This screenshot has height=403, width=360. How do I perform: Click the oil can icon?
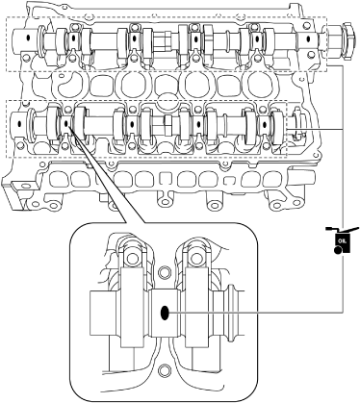click(341, 241)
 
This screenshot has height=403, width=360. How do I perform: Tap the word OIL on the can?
click(340, 240)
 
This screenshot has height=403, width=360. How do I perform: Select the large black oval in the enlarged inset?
click(165, 313)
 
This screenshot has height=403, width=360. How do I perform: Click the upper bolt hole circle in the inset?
click(165, 272)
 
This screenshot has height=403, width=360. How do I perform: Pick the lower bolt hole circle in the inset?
click(165, 370)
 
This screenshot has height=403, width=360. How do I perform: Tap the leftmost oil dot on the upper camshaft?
click(28, 38)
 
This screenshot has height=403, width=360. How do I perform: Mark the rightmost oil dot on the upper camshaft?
click(308, 39)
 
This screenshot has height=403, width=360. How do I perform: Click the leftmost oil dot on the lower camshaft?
click(19, 123)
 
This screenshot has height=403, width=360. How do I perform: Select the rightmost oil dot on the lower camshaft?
click(265, 125)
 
